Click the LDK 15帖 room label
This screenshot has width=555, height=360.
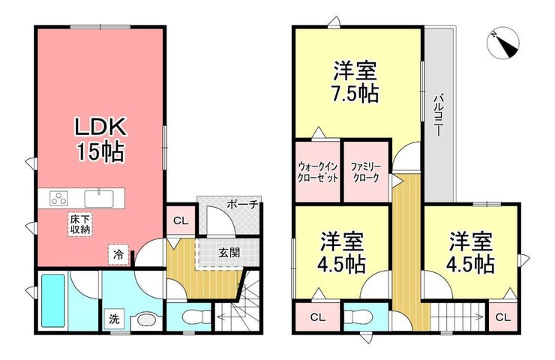pyautogui.click(x=100, y=139)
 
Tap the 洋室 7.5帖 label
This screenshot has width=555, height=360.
pyautogui.click(x=355, y=82)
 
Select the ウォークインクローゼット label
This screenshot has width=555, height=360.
pyautogui.click(x=318, y=172)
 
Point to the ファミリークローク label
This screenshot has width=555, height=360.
pyautogui.click(x=366, y=172)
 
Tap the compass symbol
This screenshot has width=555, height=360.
pyautogui.click(x=503, y=44)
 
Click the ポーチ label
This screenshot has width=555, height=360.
pyautogui.click(x=243, y=205)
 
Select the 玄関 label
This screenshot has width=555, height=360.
pyautogui.click(x=229, y=253)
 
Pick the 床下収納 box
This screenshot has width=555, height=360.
pyautogui.click(x=80, y=224)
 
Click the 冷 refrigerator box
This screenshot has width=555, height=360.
pyautogui.click(x=118, y=254)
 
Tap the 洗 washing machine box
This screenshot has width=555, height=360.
pyautogui.click(x=114, y=319)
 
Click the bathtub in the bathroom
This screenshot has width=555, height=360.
pyautogui.click(x=53, y=301)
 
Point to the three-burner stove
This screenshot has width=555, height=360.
pyautogui.click(x=58, y=198)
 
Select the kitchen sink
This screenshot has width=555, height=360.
pyautogui.click(x=99, y=199)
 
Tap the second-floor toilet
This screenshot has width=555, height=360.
pyautogui.click(x=357, y=316)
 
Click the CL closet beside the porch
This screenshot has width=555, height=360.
pyautogui.click(x=181, y=221)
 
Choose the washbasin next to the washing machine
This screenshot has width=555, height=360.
pyautogui.click(x=145, y=321)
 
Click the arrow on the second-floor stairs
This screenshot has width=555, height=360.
pyautogui.click(x=457, y=316)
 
